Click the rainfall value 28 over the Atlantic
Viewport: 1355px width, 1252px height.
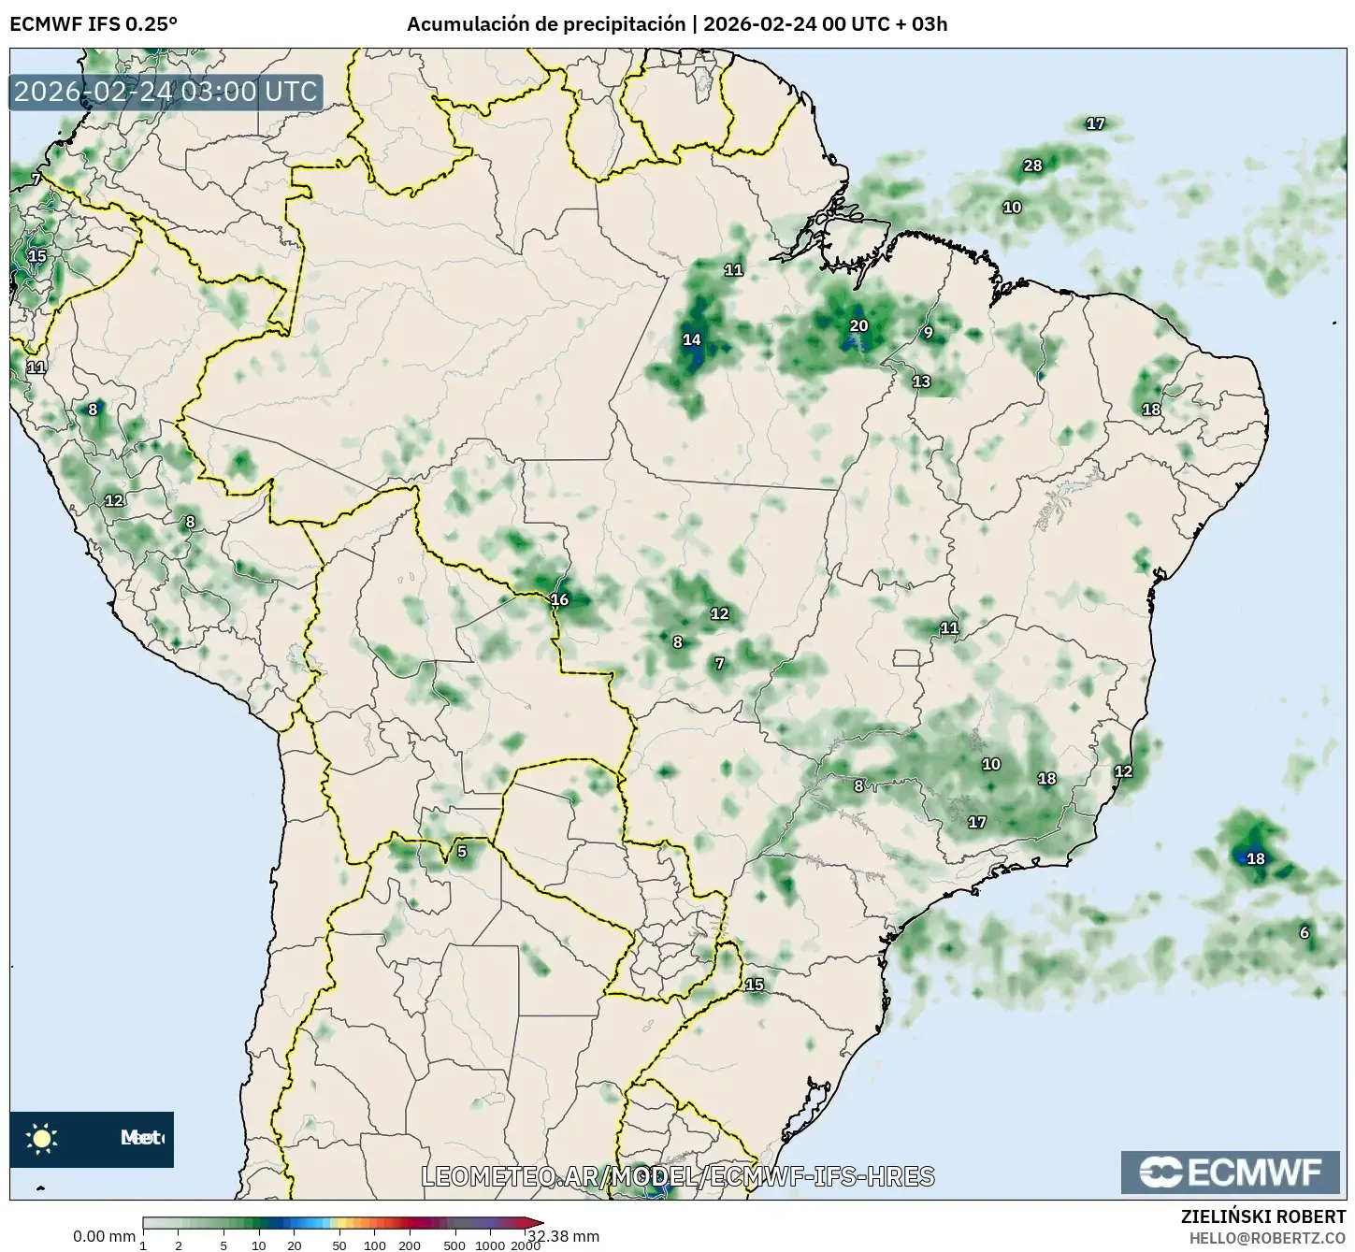click(x=1032, y=166)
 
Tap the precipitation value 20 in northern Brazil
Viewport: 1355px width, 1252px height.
click(x=858, y=326)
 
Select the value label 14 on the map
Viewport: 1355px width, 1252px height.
click(x=692, y=339)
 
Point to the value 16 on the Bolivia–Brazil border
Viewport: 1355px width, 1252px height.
click(x=559, y=600)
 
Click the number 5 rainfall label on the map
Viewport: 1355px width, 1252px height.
click(x=461, y=852)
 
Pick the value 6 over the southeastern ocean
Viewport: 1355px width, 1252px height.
click(x=1305, y=932)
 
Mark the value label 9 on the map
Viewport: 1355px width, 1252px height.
click(x=928, y=333)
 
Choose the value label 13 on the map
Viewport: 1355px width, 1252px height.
click(x=922, y=381)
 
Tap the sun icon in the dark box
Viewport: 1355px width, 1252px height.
click(x=42, y=1138)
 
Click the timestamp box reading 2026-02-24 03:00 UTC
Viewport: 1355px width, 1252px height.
click(x=166, y=93)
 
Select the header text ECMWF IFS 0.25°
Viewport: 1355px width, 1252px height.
click(x=94, y=24)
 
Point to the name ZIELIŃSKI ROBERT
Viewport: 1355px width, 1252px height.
click(x=1263, y=1216)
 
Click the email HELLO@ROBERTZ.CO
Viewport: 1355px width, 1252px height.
click(x=1267, y=1237)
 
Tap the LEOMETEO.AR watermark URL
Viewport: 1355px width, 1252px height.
click(x=678, y=1176)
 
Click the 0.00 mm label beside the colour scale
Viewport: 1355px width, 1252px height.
click(x=104, y=1236)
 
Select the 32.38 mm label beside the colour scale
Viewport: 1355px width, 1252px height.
click(x=572, y=1236)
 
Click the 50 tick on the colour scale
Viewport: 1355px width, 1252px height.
click(x=339, y=1245)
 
